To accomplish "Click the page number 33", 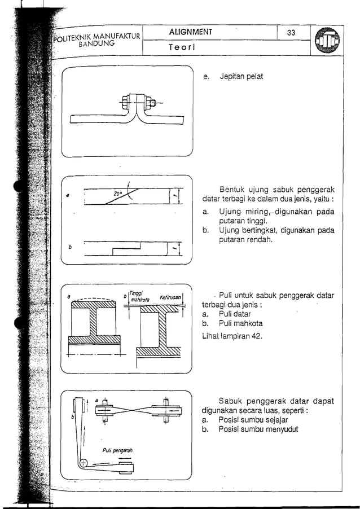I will [x=291, y=33].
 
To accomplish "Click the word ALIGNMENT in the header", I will [x=191, y=32].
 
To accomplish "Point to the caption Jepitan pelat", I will [x=241, y=76].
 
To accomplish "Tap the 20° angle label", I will [x=118, y=193].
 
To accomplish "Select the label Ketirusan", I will [x=170, y=297].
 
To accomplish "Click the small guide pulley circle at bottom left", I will [x=84, y=463].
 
